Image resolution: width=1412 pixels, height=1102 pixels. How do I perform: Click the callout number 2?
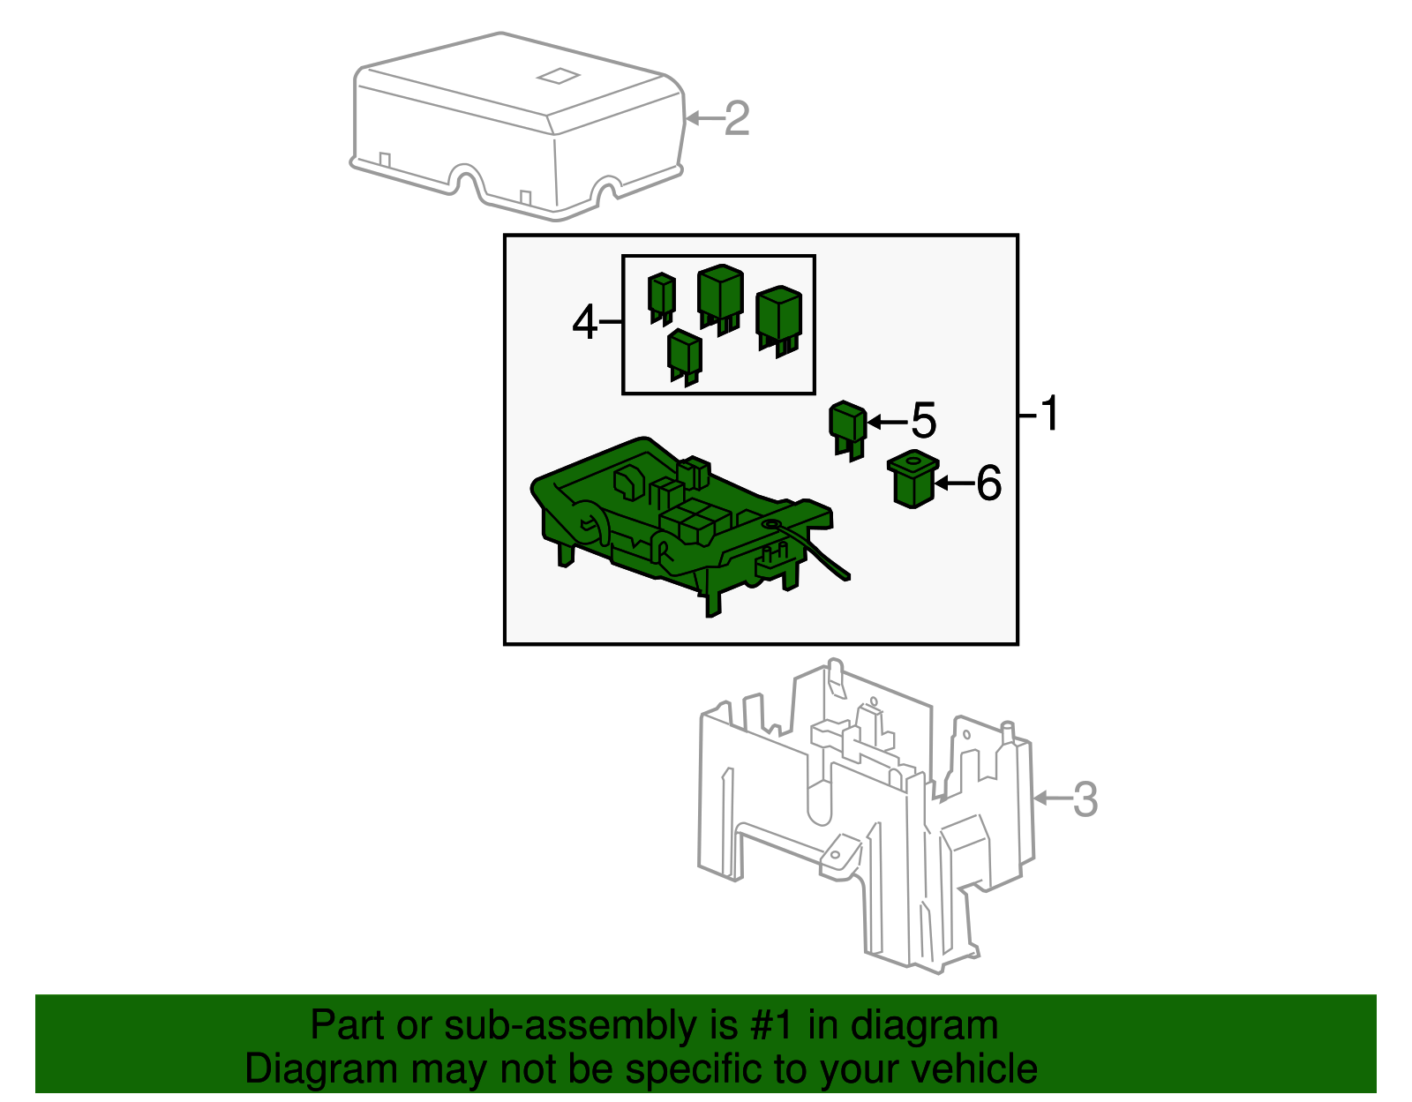pyautogui.click(x=737, y=118)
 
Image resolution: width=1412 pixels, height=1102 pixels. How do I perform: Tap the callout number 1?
pyautogui.click(x=1048, y=413)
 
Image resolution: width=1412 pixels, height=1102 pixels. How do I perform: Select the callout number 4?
pyautogui.click(x=584, y=323)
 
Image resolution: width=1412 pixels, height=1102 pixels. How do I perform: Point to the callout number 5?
pyautogui.click(x=923, y=421)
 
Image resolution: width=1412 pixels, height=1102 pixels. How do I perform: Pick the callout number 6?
pyautogui.click(x=988, y=484)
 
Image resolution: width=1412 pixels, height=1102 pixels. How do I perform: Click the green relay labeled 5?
pyautogui.click(x=847, y=428)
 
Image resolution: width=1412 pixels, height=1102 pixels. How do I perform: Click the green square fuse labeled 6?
pyautogui.click(x=912, y=479)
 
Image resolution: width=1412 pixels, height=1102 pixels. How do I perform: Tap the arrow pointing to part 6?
pyautogui.click(x=953, y=484)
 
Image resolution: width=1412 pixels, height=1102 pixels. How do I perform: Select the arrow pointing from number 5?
pyautogui.click(x=887, y=423)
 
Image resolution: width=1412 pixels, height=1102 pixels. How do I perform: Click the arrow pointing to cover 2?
pyautogui.click(x=703, y=118)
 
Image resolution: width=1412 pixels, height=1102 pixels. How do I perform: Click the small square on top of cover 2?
pyautogui.click(x=558, y=76)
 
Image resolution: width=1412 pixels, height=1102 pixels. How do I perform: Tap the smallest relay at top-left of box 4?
pyautogui.click(x=661, y=296)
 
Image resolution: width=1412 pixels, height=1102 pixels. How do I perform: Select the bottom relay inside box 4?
pyautogui.click(x=684, y=356)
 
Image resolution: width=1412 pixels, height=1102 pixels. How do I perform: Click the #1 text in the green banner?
pyautogui.click(x=773, y=1026)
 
